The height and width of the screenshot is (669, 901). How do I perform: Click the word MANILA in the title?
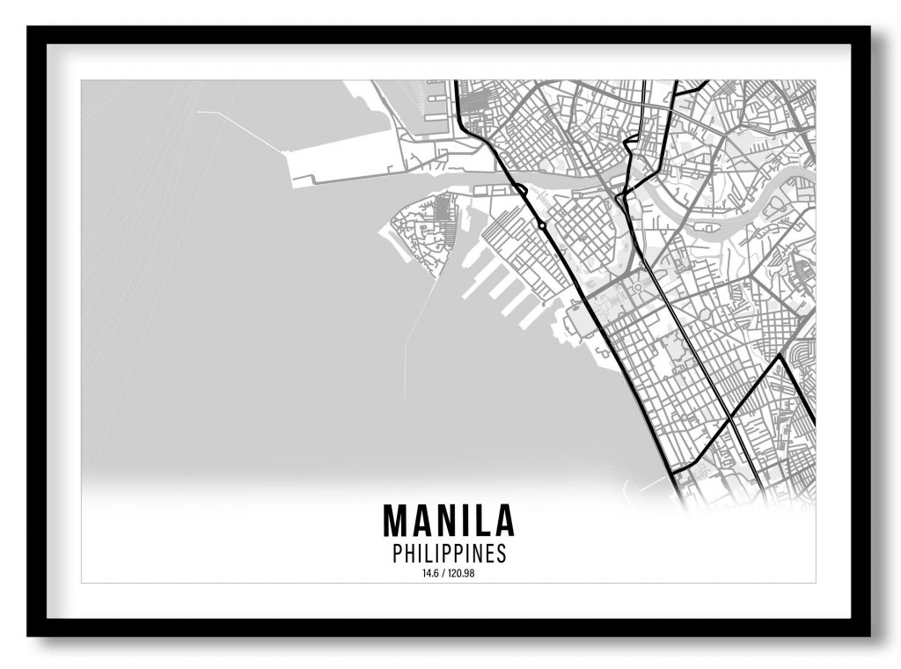[448, 520]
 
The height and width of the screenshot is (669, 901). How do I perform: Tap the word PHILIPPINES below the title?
[449, 554]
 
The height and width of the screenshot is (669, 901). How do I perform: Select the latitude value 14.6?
[429, 575]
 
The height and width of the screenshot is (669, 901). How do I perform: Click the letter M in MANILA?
[393, 520]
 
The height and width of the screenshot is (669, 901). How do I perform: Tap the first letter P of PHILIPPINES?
[396, 554]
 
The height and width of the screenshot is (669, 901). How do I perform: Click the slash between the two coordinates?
[443, 575]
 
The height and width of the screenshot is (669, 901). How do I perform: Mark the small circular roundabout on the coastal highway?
[542, 226]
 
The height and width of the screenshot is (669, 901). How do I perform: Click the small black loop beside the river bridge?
[521, 188]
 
